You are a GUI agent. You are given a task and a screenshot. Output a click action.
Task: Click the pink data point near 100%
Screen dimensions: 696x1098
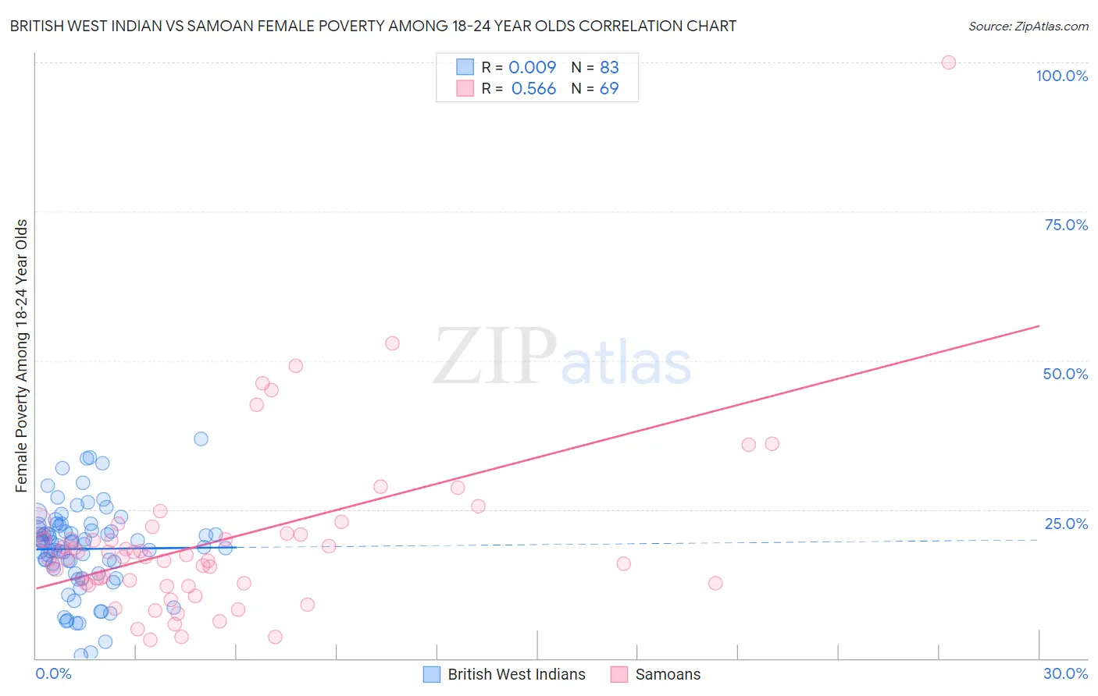coord(948,62)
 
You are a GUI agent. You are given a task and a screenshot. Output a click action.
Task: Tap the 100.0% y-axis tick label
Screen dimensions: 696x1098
coord(1061,76)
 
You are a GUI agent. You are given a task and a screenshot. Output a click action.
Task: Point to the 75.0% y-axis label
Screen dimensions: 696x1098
coord(1066,225)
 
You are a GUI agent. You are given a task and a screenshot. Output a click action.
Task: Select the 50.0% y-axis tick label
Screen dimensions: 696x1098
coord(1065,374)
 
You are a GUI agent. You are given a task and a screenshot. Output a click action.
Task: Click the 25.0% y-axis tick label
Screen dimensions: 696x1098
coord(1066,524)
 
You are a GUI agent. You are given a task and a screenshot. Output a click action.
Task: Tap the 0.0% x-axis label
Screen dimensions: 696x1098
coord(53,673)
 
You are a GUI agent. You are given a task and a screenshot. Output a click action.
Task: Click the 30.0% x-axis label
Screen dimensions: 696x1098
coord(1065,673)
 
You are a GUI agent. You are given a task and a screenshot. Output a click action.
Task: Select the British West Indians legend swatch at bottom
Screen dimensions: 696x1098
coord(432,674)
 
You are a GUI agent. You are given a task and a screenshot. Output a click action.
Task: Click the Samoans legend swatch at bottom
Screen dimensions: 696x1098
coord(619,674)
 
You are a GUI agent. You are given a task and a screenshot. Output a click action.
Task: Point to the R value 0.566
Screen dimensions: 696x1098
coord(533,89)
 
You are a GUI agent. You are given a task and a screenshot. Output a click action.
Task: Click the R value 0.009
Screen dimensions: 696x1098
coord(533,67)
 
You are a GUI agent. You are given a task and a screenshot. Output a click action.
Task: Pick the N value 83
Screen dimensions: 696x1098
coord(609,67)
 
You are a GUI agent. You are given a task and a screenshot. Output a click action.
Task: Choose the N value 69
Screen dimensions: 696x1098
coord(609,89)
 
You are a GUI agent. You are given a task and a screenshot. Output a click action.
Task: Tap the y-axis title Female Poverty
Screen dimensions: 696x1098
coord(22,355)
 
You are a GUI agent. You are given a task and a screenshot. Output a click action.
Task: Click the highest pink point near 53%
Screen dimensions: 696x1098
coord(392,343)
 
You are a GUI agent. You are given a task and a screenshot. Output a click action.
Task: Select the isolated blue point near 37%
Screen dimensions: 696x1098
coord(201,439)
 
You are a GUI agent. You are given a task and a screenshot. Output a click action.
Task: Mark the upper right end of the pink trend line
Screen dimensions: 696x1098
coord(1039,325)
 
